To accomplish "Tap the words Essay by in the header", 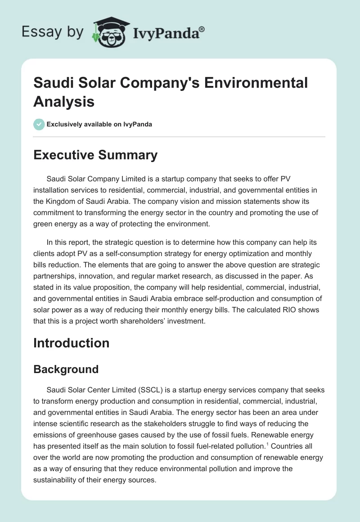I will pyautogui.click(x=53, y=32).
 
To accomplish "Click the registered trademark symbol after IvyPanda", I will pyautogui.click(x=202, y=29).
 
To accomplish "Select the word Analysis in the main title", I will pyautogui.click(x=64, y=101).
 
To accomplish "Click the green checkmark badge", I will pyautogui.click(x=39, y=124).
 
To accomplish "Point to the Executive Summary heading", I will pyautogui.click(x=95, y=155).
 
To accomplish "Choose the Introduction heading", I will pyautogui.click(x=71, y=343).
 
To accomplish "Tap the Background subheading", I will pyautogui.click(x=66, y=369).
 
